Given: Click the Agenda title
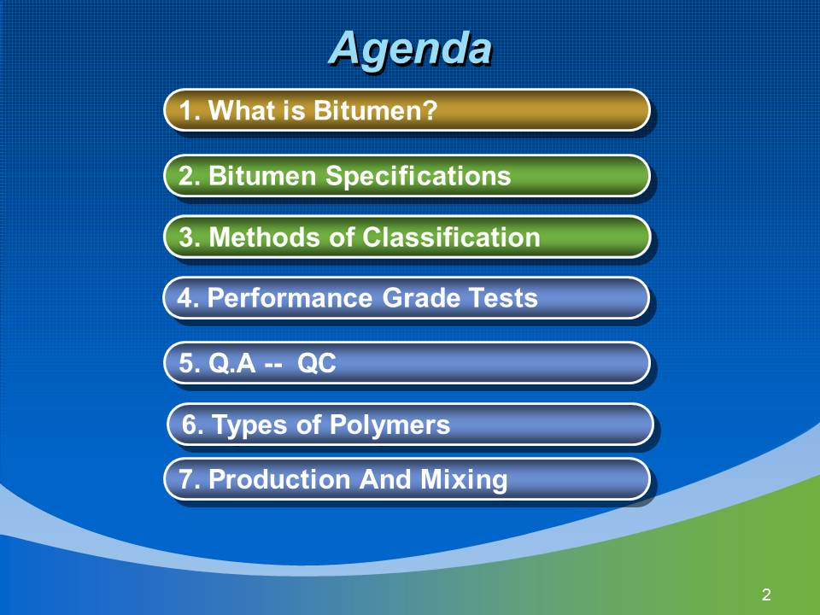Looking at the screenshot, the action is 411,50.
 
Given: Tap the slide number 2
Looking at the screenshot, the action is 766,594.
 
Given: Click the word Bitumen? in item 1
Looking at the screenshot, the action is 375,110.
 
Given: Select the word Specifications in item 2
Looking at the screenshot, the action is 418,176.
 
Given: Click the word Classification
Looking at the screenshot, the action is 451,237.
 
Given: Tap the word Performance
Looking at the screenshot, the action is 290,298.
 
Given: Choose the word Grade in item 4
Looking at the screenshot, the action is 420,298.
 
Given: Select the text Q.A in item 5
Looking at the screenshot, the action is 231,363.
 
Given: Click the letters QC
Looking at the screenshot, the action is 316,363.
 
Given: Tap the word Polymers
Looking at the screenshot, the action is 389,425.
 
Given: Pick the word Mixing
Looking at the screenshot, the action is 464,480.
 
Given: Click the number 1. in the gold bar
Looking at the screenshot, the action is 190,111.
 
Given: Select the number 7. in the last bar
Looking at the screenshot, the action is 190,479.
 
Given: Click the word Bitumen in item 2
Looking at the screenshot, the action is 262,176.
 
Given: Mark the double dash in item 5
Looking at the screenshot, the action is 273,366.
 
